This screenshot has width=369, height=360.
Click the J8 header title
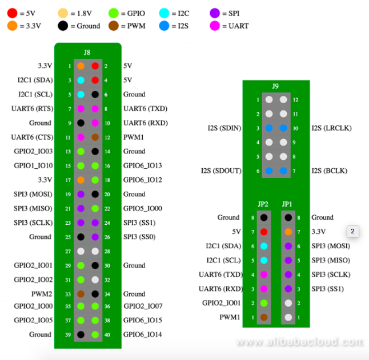coord(87,52)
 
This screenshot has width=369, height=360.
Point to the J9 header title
coord(275,86)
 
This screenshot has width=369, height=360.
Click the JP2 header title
coord(263,204)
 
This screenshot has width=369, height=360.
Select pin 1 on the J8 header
coord(81,66)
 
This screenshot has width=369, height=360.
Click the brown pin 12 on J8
coord(95,137)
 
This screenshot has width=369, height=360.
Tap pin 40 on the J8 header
coord(95,334)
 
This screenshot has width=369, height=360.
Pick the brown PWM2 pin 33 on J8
coord(81,294)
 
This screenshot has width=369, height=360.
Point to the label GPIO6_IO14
coord(143,334)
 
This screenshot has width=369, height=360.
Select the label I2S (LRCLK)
coord(331,128)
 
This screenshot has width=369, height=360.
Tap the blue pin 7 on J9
coord(283,171)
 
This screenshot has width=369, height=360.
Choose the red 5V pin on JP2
coord(263,232)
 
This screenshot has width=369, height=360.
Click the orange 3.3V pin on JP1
coord(288,232)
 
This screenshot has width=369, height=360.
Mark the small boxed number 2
coord(352,231)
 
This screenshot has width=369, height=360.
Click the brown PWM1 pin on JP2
coord(263,317)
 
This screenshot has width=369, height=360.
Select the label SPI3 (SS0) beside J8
coord(139,237)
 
